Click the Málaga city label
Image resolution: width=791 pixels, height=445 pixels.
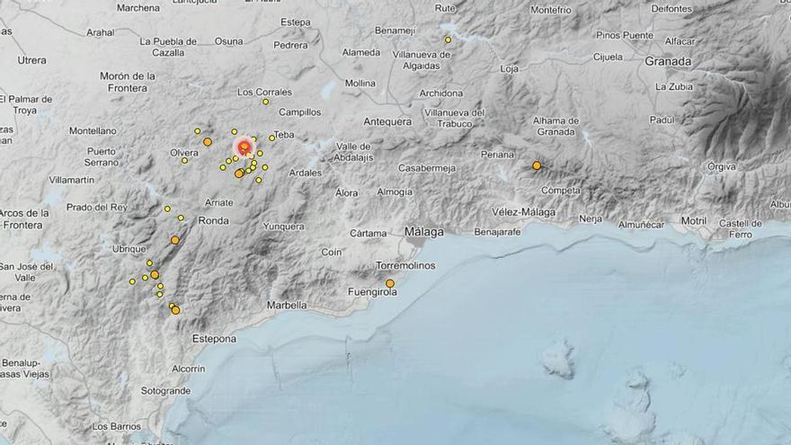pos(424,232)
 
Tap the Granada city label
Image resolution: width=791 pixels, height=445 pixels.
pos(668,62)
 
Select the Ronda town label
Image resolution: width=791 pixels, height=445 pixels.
pos(213,220)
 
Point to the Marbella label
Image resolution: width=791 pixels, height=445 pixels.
pos(288,306)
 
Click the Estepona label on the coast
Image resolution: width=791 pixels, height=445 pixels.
pos(214,339)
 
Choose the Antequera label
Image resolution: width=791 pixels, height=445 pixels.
pos(387,121)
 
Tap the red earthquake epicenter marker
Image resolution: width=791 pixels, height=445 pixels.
pos(244,147)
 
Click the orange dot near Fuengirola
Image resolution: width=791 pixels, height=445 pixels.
pos(390,284)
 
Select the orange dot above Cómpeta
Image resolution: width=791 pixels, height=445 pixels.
pos(537,165)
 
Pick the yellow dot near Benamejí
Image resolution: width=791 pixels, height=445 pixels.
pos(448,40)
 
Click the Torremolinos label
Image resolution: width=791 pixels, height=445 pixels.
pos(405,265)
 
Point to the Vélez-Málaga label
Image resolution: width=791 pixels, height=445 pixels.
pos(523,212)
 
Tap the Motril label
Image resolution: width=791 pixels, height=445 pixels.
pos(694,220)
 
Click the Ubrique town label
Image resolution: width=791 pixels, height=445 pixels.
pos(129,248)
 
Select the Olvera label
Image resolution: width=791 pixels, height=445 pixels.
pos(183,153)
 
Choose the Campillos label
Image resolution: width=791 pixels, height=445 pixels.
pos(299,112)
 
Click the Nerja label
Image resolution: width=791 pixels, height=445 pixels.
pos(591,218)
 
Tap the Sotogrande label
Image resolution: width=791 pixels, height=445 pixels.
pos(165,391)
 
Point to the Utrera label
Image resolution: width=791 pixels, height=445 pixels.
pos(31,60)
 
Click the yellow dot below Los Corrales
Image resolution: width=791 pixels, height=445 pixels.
pos(265,102)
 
